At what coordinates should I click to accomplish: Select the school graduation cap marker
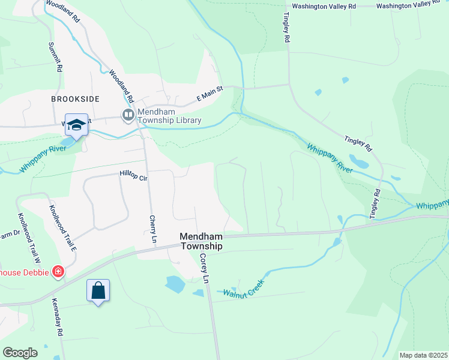77,124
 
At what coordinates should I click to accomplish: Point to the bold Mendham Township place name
201,241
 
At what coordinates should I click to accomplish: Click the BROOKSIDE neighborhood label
75,98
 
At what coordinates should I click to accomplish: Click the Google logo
20,352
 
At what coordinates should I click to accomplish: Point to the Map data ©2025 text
423,355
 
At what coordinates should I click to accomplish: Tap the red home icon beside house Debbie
58,272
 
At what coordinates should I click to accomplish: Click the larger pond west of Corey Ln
175,284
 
